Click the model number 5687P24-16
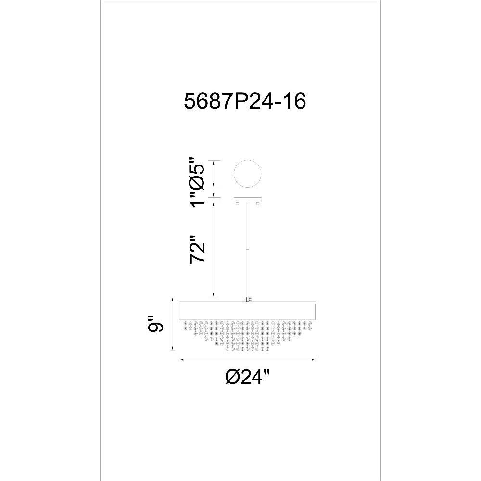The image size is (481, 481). pyautogui.click(x=245, y=101)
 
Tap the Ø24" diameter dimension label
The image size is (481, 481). pyautogui.click(x=248, y=376)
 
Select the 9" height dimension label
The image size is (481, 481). pyautogui.click(x=155, y=323)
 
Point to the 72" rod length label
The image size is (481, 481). pyautogui.click(x=197, y=249)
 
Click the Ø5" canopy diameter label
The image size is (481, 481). pyautogui.click(x=196, y=173)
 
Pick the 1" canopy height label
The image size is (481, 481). pyautogui.click(x=196, y=199)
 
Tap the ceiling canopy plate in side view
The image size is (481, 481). pyautogui.click(x=248, y=199)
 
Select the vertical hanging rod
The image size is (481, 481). pyautogui.click(x=248, y=249)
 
